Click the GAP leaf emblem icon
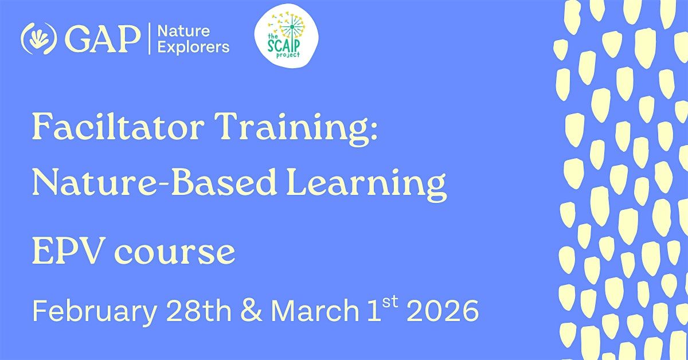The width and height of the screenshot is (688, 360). [39, 39]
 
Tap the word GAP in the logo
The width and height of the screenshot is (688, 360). [103, 39]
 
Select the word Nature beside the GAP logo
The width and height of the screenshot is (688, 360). [183, 31]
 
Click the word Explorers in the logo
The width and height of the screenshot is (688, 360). [193, 48]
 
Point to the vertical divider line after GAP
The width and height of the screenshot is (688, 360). [149, 39]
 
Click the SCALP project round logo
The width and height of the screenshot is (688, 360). [286, 36]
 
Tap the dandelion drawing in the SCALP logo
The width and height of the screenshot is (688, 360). [288, 29]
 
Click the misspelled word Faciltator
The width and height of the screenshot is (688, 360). [118, 127]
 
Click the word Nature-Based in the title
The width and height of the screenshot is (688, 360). [154, 182]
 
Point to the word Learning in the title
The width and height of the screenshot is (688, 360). [366, 185]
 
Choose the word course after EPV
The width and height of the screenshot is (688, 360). [175, 253]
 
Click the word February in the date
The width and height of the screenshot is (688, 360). [95, 312]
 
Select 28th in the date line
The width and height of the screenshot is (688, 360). [199, 310]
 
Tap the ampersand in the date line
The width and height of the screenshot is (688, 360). [252, 310]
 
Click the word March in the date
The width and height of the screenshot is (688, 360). [315, 310]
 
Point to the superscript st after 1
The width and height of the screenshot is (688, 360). [390, 302]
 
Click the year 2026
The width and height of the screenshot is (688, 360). [443, 311]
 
